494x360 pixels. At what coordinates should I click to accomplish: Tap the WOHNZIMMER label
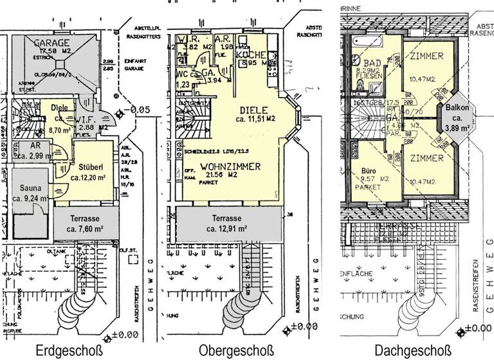[x=230, y=166]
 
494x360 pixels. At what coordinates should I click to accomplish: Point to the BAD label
[x=372, y=64]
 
